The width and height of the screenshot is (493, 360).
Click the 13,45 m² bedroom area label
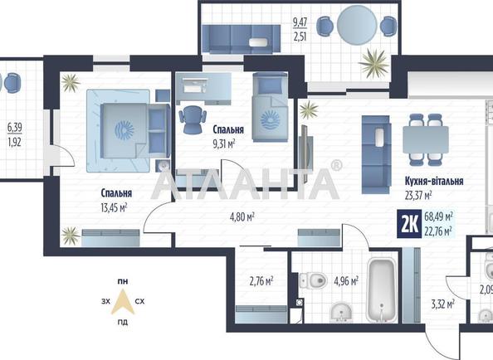tap(114, 207)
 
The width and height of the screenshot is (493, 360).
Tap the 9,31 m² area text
tap(224, 144)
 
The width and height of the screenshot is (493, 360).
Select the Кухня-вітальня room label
tap(434, 182)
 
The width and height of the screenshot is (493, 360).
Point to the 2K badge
tap(409, 225)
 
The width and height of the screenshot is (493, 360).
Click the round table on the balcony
tap(357, 25)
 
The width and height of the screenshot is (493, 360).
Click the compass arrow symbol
tap(123, 302)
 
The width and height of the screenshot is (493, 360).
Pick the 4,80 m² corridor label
tap(242, 216)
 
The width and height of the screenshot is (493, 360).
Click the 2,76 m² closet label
tap(261, 281)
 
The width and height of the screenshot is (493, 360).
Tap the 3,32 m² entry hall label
tap(442, 304)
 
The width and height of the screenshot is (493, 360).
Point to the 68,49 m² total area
tap(438, 216)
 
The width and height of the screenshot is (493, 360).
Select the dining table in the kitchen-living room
tap(426, 139)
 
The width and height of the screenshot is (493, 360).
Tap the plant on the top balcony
tap(373, 64)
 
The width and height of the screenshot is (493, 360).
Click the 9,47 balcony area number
tap(300, 22)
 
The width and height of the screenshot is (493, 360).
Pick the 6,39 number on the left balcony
tap(15, 128)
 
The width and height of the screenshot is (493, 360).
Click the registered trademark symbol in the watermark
tap(336, 165)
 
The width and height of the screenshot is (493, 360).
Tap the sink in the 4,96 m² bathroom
tap(341, 312)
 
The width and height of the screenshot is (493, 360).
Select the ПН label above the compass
tap(123, 282)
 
